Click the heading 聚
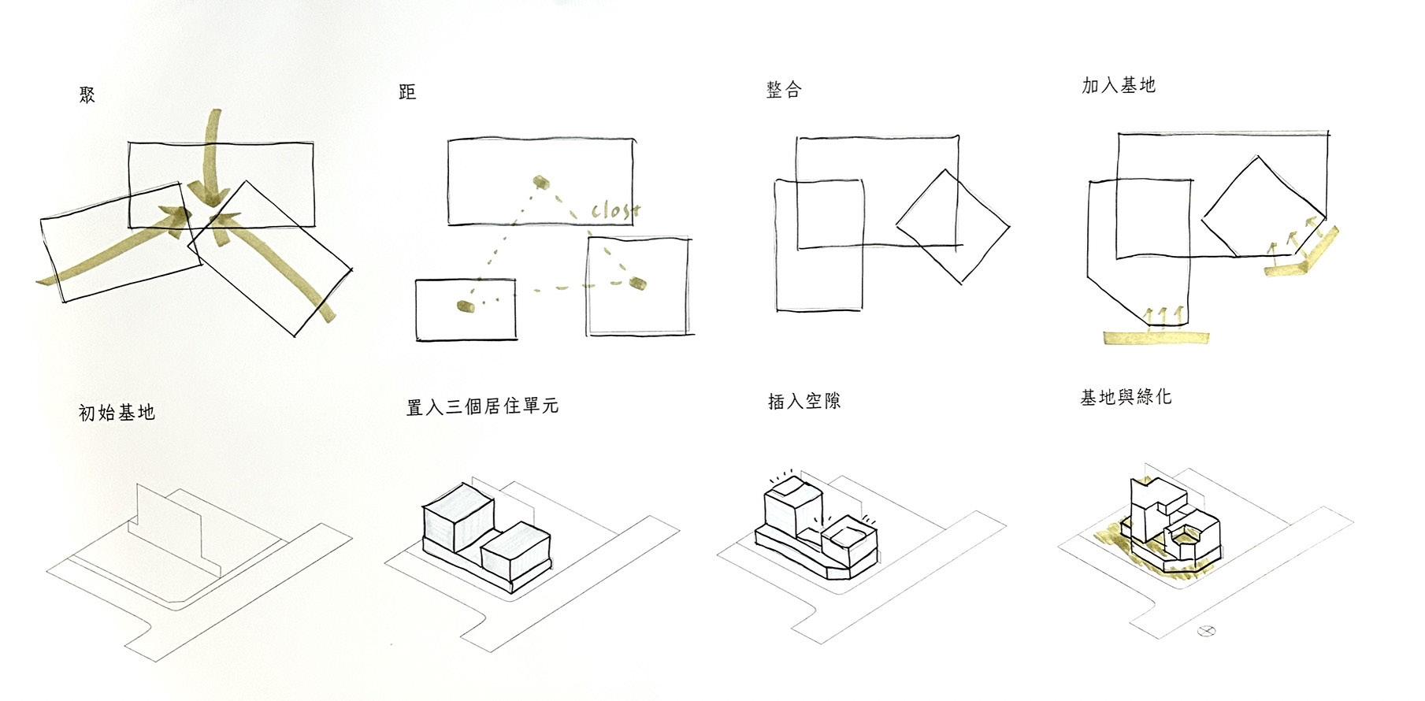87,95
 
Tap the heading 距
407,92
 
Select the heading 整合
783,90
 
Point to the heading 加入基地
1118,85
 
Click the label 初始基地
117,412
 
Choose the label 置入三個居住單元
482,406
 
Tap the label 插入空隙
804,401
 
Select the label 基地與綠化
1126,397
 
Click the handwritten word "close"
615,210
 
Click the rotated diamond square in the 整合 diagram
952,226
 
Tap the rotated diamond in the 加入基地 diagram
1263,206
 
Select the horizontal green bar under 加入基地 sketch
1156,338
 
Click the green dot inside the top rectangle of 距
540,183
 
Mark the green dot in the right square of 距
637,282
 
